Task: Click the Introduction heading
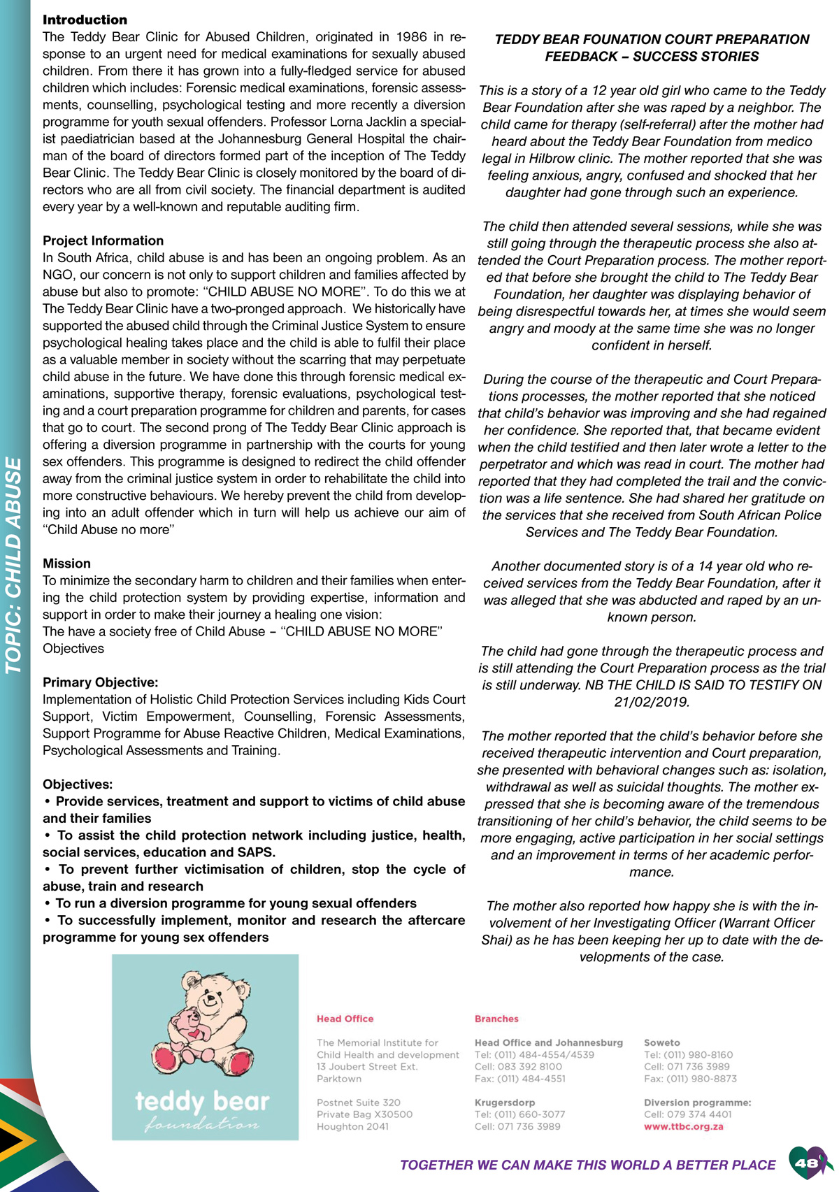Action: tap(85, 20)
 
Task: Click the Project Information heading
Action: tap(103, 240)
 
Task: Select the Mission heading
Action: tap(66, 563)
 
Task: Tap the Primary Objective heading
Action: tap(100, 682)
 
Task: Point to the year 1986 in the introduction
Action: tap(412, 37)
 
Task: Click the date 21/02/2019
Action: tap(652, 702)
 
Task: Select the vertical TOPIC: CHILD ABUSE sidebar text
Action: tap(14, 565)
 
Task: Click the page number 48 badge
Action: tap(807, 1163)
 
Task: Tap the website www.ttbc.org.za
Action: tap(683, 1127)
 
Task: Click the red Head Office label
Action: tap(345, 1019)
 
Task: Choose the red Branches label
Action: tap(496, 1019)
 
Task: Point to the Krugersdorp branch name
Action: tap(505, 1103)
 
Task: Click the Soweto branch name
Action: tap(661, 1042)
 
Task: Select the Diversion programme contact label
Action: tap(697, 1103)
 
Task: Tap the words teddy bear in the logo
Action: tap(201, 1102)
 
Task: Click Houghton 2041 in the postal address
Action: tap(352, 1126)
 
